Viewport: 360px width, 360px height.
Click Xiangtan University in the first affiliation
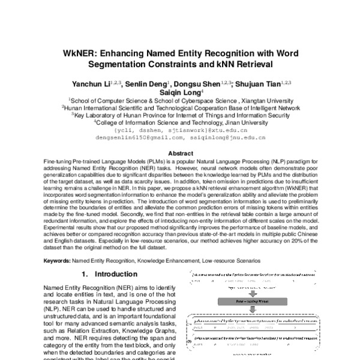261,101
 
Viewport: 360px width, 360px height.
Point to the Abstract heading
180,154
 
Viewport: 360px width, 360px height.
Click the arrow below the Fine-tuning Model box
254,310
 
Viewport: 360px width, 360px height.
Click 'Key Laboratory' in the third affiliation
96,115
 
